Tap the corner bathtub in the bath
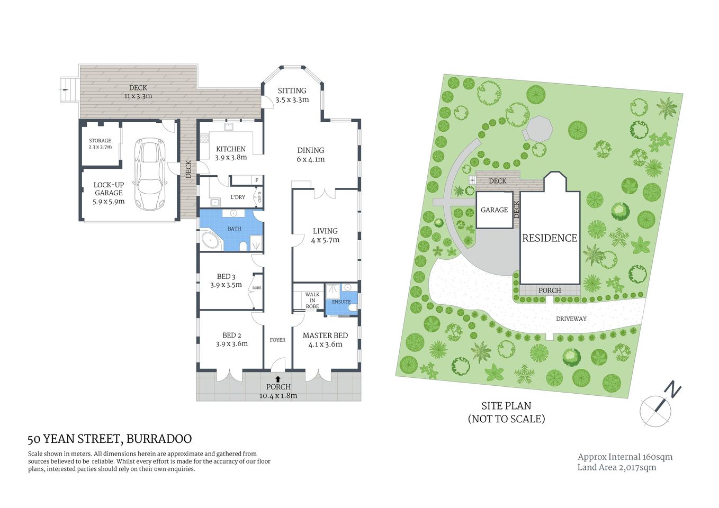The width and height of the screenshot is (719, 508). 211,241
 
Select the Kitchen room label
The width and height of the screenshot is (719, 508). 231,149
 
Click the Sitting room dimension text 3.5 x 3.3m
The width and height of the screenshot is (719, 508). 292,99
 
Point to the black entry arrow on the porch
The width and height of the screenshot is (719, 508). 278,379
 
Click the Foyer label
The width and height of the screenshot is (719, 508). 277,340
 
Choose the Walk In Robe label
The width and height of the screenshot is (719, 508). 312,301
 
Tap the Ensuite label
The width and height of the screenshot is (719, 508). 341,302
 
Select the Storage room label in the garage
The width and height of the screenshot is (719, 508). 100,141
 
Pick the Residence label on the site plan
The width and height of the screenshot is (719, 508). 550,238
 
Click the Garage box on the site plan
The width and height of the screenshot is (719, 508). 494,210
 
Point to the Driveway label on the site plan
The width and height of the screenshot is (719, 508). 571,319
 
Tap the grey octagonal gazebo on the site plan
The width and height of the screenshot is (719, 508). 537,129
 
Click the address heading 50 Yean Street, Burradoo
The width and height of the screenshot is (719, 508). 110,439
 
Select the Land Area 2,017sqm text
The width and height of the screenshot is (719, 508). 616,467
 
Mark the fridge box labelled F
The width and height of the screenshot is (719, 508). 257,180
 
